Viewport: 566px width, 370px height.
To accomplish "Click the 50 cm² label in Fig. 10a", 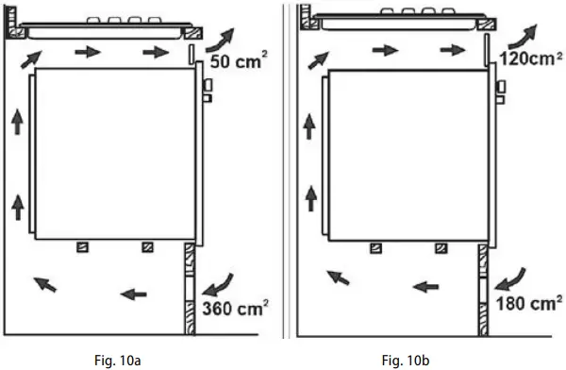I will pos(238,63).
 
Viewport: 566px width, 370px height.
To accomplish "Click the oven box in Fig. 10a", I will pos(116,155).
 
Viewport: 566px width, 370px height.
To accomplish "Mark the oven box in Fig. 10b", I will pos(410,156).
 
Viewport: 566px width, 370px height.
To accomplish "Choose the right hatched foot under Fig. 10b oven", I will pos(441,247).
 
